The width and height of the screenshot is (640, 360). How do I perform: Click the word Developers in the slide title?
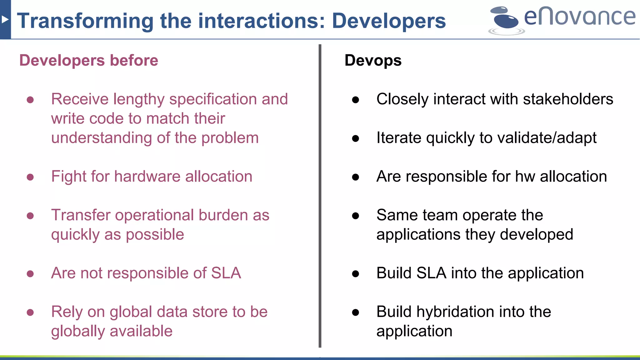coord(389,21)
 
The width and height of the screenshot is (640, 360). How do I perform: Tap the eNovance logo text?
coord(579,17)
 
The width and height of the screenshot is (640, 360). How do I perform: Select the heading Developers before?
coord(89,60)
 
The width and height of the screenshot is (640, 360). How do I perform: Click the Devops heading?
coord(373,60)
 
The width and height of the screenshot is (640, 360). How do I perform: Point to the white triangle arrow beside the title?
coord(5,20)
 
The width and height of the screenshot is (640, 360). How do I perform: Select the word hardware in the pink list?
coord(147,177)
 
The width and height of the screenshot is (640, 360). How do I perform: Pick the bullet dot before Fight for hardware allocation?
coord(30,177)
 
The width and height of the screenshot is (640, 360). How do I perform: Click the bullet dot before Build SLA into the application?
coord(355,274)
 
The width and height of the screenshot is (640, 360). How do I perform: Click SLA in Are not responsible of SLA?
coord(226,273)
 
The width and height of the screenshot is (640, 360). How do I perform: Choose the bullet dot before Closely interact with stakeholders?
coord(355,100)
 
